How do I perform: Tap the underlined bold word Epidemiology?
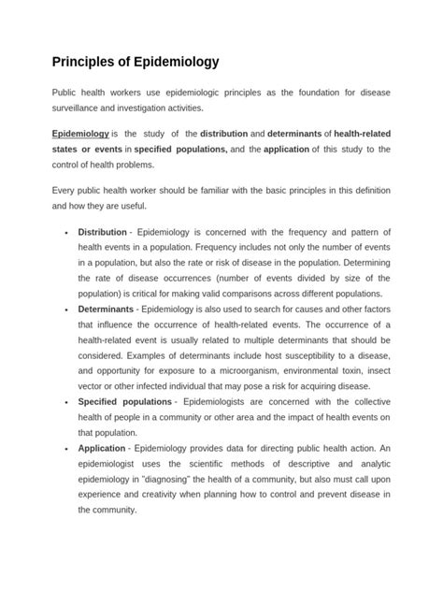point(80,133)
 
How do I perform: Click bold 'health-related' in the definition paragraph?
point(358,133)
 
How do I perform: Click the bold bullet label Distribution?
point(102,232)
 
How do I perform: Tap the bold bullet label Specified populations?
point(124,401)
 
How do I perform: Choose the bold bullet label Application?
point(104,449)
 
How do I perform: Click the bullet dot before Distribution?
point(64,233)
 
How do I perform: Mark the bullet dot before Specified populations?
point(64,402)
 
